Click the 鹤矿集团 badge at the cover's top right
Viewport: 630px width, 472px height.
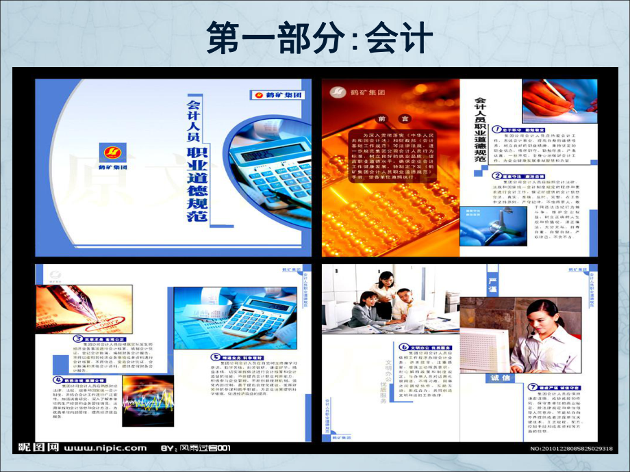pyautogui.click(x=277, y=94)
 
